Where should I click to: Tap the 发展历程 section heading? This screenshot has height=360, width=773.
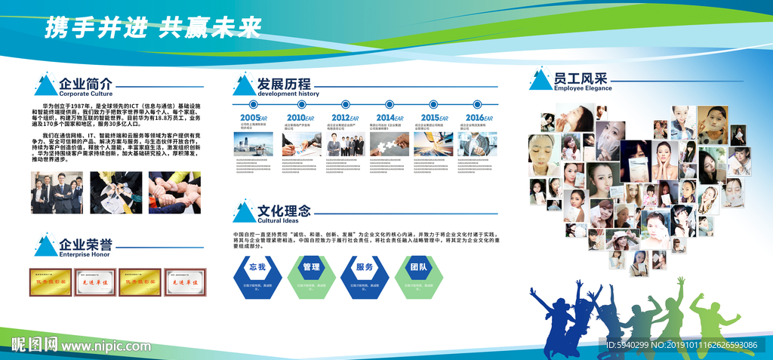tap(284, 83)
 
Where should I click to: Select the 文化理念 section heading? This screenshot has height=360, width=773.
tap(283, 211)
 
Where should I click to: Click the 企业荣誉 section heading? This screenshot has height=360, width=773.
tap(86, 245)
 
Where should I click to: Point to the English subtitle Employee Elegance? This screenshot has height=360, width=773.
tap(583, 88)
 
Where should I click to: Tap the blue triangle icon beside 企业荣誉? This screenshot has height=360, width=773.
tap(45, 246)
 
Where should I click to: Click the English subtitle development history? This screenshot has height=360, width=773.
tap(288, 94)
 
